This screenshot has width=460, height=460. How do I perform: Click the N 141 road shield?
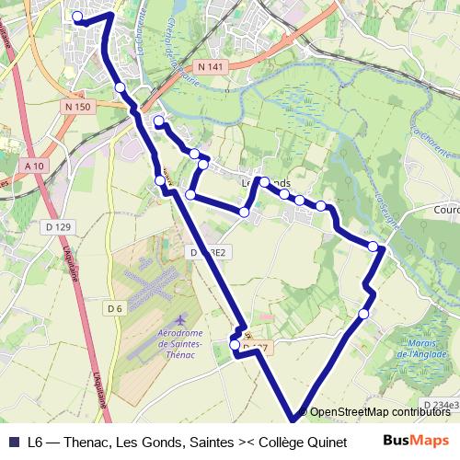pos(210,67)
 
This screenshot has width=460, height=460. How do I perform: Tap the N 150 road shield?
pos(78,107)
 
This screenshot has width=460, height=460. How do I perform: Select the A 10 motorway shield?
pos(35,166)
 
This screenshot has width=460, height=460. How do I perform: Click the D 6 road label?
pos(114,308)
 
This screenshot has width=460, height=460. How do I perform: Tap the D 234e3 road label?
pos(442,405)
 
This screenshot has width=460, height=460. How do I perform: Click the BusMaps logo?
pos(416,441)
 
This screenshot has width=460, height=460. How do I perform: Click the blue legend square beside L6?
pos(14,441)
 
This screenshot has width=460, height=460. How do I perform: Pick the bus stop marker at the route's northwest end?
pos(77,17)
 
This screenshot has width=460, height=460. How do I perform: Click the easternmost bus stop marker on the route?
pos(373,246)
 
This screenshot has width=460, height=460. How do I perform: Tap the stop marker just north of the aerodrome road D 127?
pos(235,345)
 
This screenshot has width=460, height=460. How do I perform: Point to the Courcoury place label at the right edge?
pos(445,209)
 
